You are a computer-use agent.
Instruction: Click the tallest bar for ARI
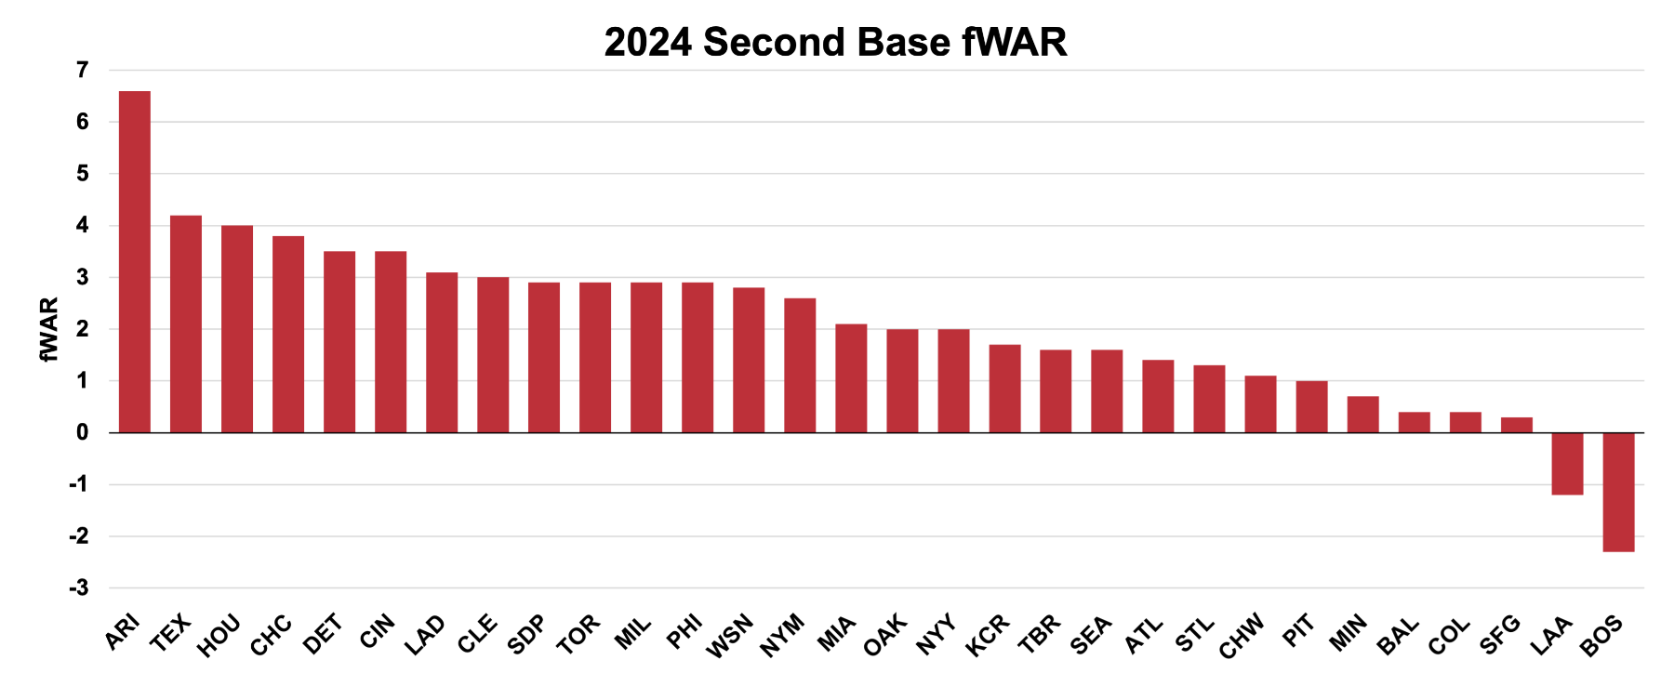(135, 261)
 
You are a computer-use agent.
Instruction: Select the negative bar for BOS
(1618, 492)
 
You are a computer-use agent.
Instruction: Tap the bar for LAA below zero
(1567, 463)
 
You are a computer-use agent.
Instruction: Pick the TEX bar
(186, 323)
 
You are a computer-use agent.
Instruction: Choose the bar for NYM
(800, 365)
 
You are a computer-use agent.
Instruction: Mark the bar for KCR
(1004, 389)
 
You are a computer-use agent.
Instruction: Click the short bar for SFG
(1516, 425)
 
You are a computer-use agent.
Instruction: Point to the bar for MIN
(1362, 415)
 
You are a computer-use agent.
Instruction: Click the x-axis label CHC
(271, 636)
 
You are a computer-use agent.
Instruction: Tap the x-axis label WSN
(730, 636)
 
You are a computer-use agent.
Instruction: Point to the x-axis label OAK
(884, 635)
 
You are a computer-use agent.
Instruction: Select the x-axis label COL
(1448, 636)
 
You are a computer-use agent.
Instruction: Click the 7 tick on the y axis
(83, 70)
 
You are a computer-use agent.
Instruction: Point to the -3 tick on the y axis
(79, 587)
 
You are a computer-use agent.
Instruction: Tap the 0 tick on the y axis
(83, 432)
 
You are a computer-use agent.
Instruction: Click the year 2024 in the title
(647, 42)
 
